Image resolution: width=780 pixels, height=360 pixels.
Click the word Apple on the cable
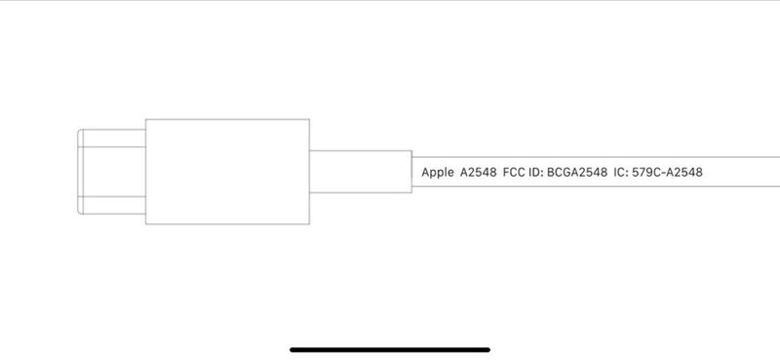[437, 173]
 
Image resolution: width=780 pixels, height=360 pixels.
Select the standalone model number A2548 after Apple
[478, 173]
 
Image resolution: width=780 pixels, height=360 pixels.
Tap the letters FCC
[516, 173]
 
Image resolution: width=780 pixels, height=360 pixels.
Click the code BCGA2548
[581, 173]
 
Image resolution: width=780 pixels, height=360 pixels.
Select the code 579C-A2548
[670, 173]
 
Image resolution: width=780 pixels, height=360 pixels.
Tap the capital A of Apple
[425, 173]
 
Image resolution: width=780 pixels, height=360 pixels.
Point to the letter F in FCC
[507, 173]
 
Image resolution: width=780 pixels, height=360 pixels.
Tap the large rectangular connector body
[227, 172]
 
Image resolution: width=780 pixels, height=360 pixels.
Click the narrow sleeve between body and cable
[360, 172]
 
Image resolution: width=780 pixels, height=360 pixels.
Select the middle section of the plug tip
[112, 172]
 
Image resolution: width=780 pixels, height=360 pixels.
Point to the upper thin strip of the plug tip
[112, 138]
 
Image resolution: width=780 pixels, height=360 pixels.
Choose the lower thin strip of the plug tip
[112, 205]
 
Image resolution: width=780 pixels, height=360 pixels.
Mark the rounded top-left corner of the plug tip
[81, 132]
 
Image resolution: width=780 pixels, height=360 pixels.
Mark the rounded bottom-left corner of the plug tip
[81, 211]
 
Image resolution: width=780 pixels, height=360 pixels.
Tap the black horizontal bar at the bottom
[390, 348]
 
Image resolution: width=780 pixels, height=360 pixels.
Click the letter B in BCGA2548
[553, 173]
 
